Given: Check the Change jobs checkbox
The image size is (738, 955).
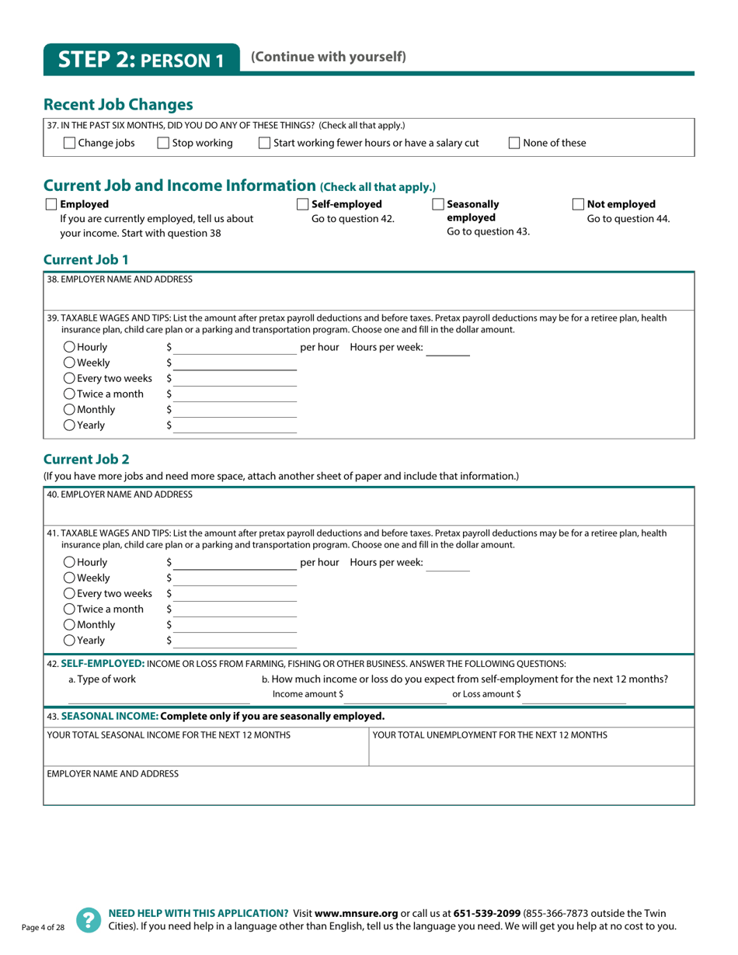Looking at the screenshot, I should point(69,143).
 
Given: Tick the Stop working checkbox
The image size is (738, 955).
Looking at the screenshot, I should point(163,143).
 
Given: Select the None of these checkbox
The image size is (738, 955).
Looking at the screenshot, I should point(514,143).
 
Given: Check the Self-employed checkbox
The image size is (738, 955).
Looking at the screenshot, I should point(303,204).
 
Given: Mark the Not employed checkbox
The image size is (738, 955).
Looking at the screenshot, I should point(578,204).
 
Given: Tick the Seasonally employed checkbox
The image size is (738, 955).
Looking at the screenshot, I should point(438,204).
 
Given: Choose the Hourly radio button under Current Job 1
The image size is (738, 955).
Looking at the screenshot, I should point(69,347).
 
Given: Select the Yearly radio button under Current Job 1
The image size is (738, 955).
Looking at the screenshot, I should point(69,425).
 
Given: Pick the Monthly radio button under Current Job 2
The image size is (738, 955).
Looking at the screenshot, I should point(69,624).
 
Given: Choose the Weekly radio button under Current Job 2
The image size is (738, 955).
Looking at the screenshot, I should point(69,578).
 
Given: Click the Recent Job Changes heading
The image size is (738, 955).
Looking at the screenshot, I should point(118,104).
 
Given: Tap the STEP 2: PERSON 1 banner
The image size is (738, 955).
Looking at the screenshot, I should point(141,60).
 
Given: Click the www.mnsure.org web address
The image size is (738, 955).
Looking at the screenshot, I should point(356,913).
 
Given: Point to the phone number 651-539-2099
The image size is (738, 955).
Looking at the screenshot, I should point(487,913).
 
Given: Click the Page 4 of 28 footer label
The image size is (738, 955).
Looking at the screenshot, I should point(43,928).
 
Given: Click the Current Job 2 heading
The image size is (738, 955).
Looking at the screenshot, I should point(86,459).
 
